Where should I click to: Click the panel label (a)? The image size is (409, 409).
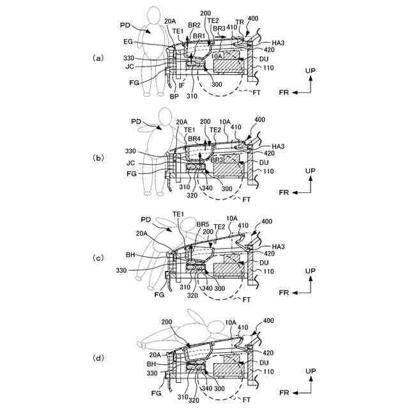click(98, 58)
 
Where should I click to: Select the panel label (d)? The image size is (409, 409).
click(98, 358)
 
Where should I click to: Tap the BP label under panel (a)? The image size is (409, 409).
click(174, 96)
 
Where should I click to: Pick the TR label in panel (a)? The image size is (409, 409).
click(240, 21)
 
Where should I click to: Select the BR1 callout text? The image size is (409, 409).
click(199, 36)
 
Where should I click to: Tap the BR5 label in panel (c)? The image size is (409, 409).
click(203, 224)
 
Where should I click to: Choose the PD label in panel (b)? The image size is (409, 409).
click(136, 121)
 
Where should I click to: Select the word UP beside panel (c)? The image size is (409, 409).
click(310, 271)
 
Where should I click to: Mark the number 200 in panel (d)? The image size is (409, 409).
click(167, 322)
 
